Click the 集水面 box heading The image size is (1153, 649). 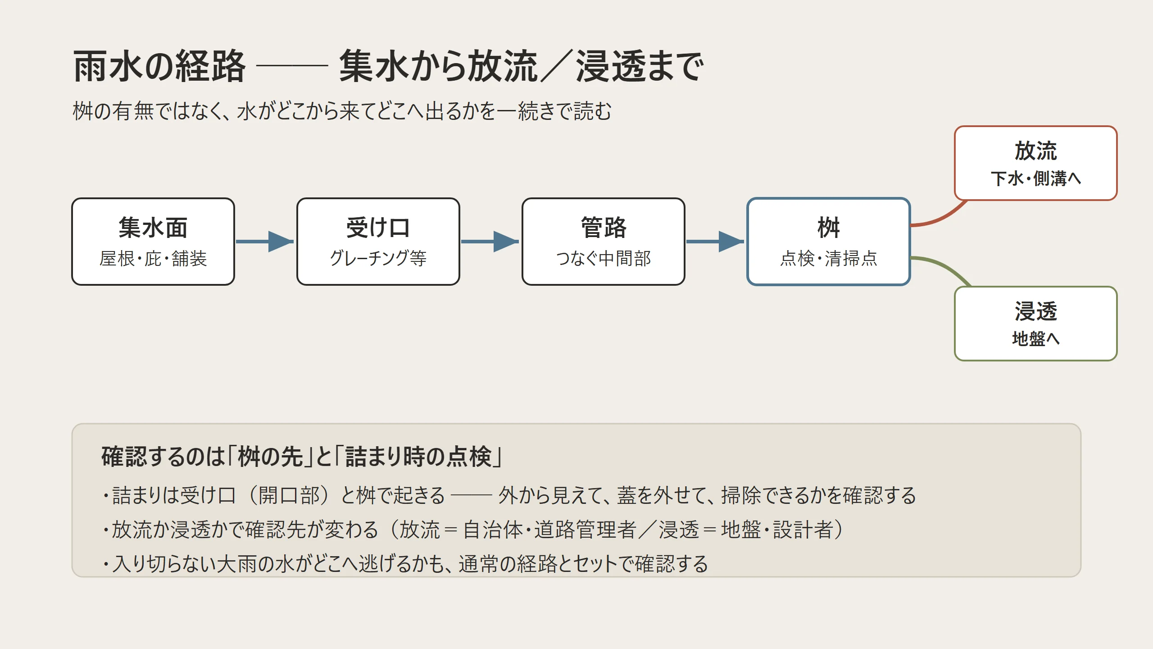point(153,227)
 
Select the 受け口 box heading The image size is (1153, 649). point(378,227)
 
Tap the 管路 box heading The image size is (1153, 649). point(604,227)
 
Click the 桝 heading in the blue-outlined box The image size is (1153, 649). point(829,227)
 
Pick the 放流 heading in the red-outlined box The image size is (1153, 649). point(1035,151)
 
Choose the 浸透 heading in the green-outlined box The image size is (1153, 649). point(1035,311)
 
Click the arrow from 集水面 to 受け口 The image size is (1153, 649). point(265,242)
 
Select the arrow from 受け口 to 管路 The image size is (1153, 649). point(490,242)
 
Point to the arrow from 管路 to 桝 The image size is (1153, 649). point(715,242)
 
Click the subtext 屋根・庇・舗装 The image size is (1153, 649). point(153,259)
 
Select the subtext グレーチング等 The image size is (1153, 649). point(378,259)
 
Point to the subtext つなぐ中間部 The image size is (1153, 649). point(604,259)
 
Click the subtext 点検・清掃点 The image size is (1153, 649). point(829,259)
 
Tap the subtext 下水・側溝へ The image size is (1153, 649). point(1035,178)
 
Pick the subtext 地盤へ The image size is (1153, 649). point(1035,338)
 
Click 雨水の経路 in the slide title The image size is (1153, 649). point(159,67)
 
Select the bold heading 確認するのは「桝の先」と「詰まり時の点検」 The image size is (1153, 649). point(302,457)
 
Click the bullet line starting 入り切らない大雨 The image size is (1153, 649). point(405,564)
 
